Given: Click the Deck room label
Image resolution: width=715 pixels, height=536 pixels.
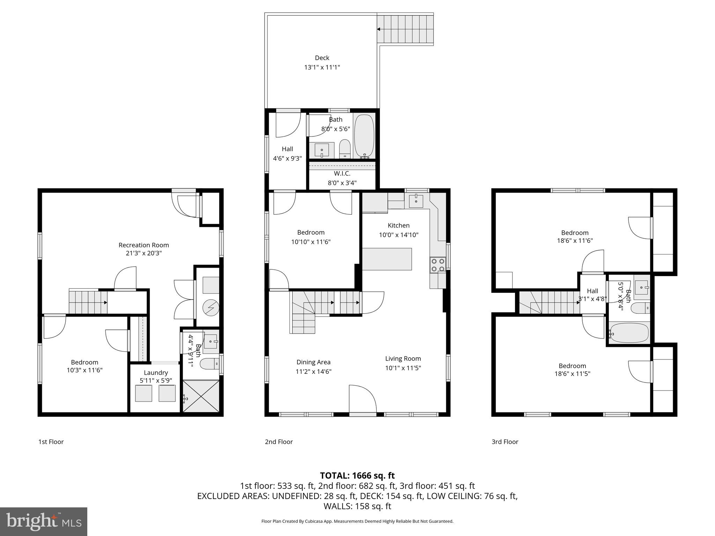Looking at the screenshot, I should point(322,58).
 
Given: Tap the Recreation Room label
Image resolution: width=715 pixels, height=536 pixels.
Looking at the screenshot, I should point(143,245).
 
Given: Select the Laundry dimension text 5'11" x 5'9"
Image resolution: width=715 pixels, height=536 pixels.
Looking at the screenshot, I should point(156,380).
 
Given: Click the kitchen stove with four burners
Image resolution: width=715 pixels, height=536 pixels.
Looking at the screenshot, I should point(437,265).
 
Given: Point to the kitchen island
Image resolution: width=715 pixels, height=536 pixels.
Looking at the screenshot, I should point(387,259).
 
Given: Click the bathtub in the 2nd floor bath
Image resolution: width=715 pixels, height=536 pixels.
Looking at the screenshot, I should point(364,136).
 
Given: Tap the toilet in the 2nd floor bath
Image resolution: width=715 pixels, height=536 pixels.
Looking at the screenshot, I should point(345,149).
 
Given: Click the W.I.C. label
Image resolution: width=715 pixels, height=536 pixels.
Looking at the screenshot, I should point(342,173).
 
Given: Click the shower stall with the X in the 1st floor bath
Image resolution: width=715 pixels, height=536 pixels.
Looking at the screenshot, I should point(201,396).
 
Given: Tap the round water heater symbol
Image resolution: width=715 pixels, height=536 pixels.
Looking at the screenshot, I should point(211,307).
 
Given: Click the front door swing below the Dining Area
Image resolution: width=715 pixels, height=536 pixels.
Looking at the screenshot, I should point(363,400).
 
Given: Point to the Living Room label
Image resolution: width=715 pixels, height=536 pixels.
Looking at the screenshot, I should point(403,358).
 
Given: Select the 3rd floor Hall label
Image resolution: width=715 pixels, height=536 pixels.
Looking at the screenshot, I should point(592,291).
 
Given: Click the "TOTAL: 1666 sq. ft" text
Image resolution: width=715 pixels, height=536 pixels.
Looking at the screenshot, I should point(357,476).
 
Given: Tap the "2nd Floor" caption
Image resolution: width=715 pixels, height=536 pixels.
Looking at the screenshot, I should point(279,442).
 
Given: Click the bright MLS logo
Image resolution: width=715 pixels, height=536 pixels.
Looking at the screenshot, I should point(44,521).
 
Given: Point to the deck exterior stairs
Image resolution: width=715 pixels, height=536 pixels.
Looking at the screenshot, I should point(405,29).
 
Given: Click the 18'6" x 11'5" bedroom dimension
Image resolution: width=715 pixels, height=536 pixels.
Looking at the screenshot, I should point(572,373).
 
